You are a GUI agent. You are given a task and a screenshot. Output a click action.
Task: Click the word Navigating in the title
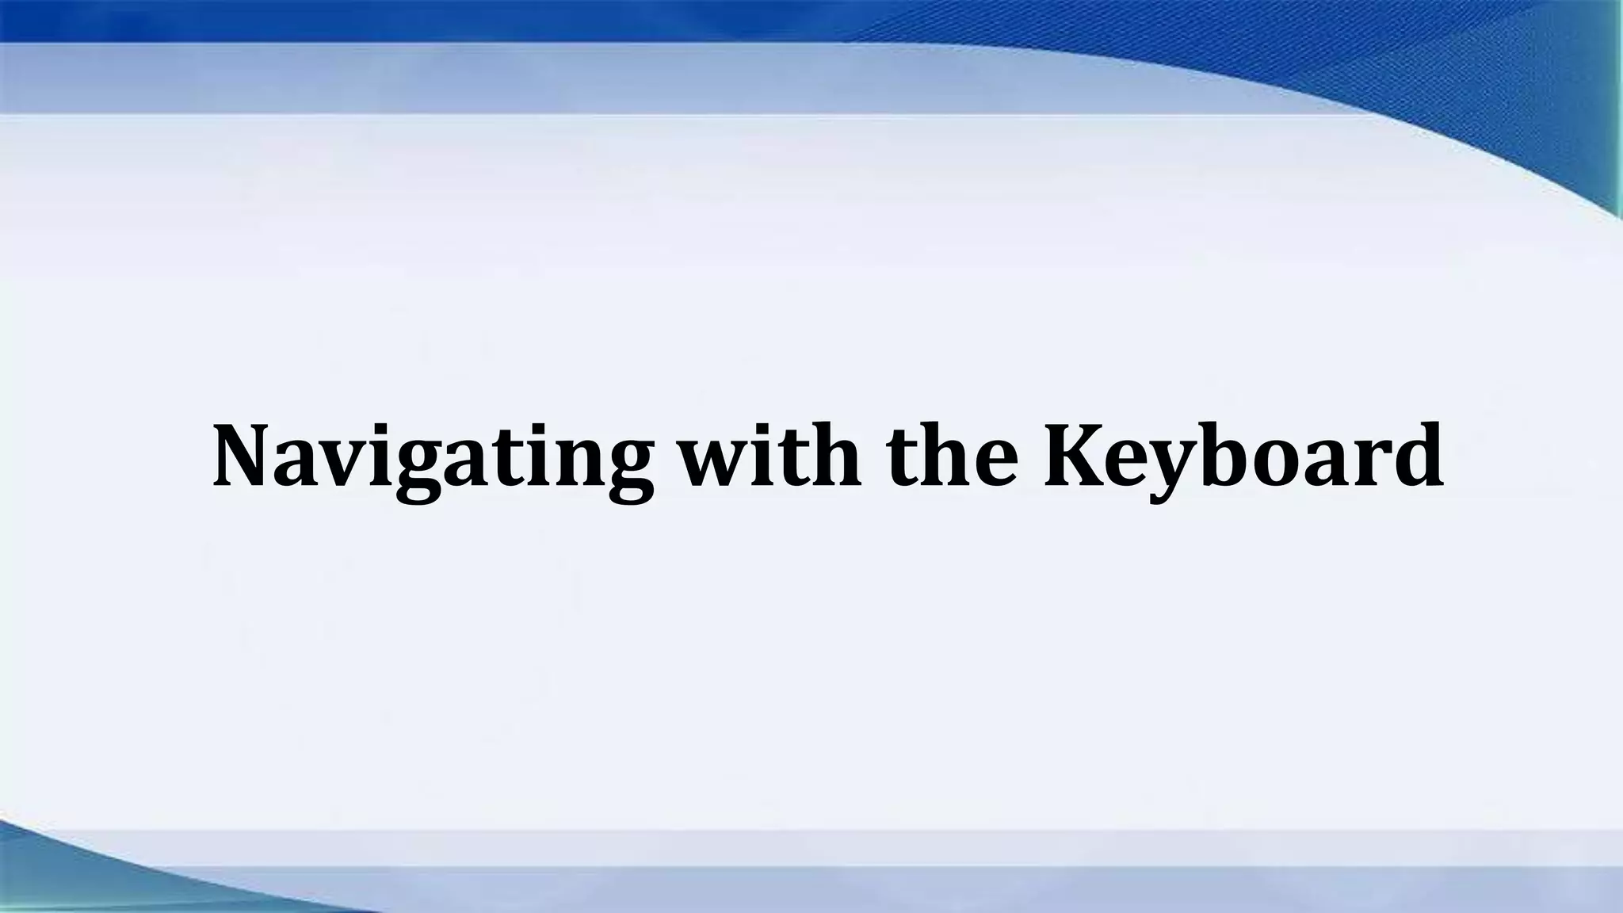433,458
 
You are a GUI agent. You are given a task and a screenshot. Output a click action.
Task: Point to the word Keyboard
1243,458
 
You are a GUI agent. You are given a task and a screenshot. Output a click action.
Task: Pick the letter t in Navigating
502,460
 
